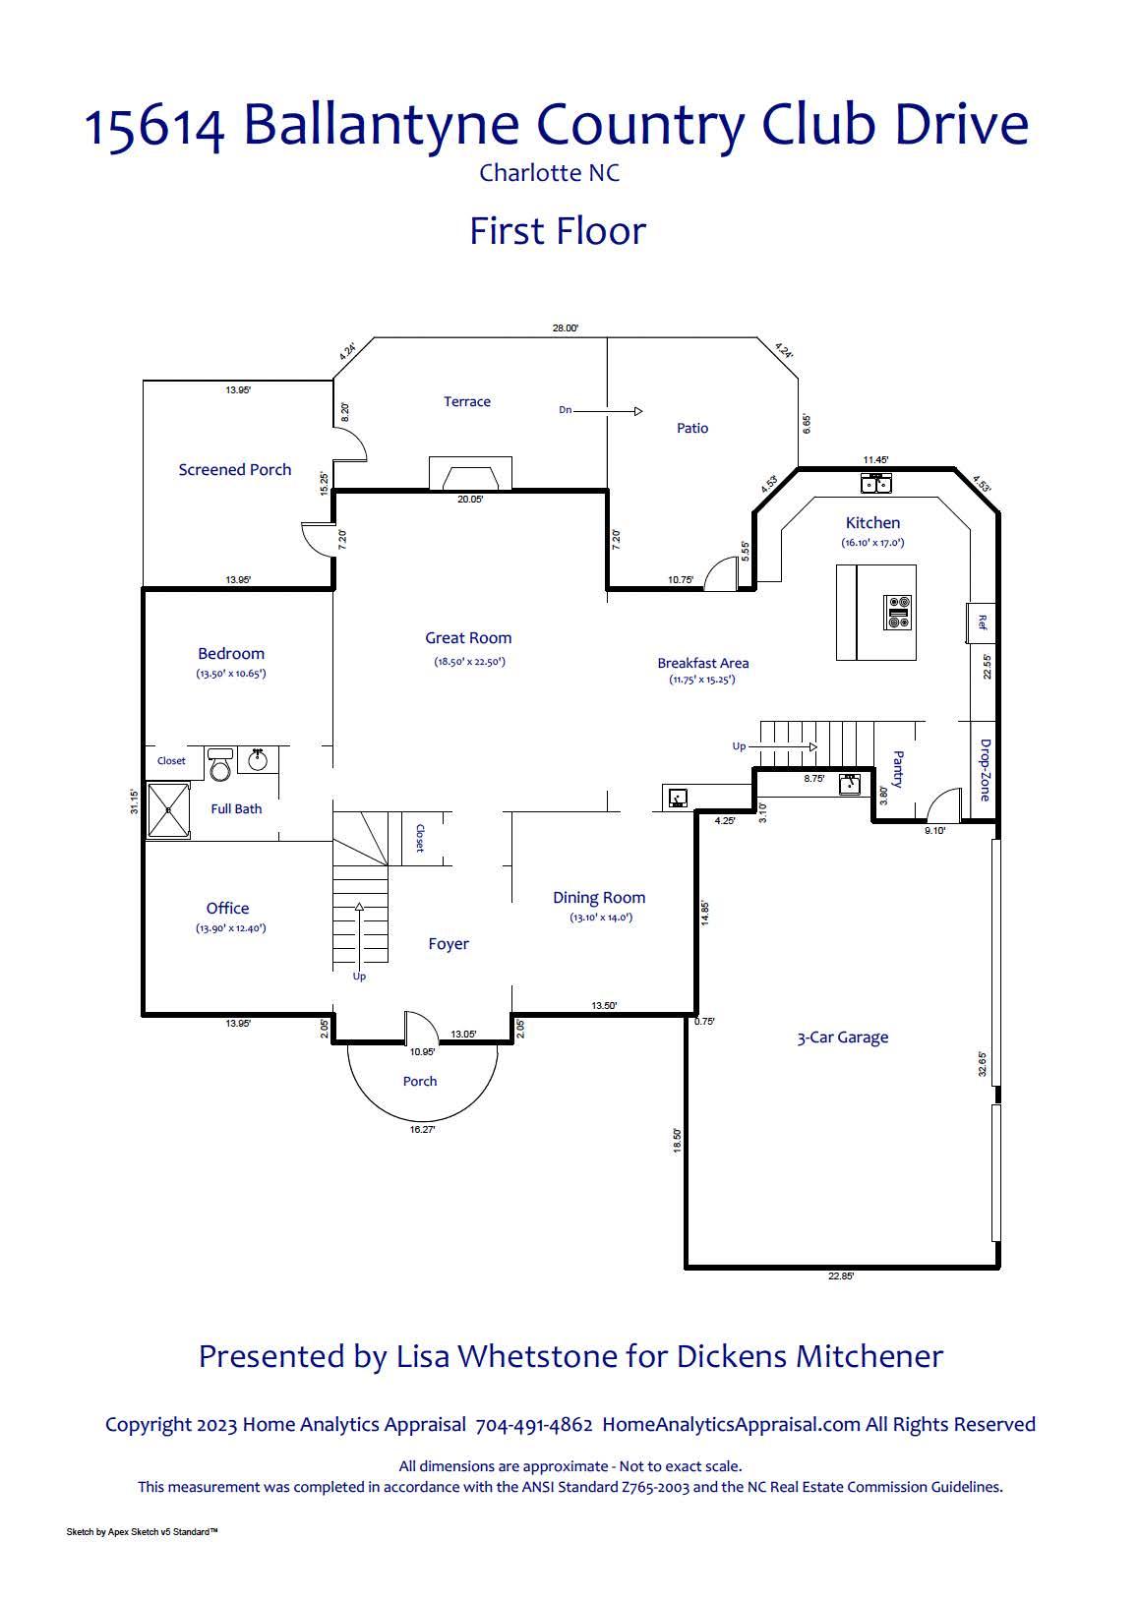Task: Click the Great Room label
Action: click(467, 637)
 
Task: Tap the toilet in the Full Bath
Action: click(219, 764)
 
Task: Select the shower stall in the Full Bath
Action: click(169, 809)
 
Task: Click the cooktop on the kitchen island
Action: click(897, 613)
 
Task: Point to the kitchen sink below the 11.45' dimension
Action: click(875, 483)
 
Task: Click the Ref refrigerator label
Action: click(983, 622)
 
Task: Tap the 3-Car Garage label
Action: click(842, 1038)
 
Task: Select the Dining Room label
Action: click(598, 897)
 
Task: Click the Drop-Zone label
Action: click(985, 770)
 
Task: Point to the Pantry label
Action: click(899, 768)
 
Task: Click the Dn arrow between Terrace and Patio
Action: click(608, 411)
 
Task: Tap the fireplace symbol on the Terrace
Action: click(470, 473)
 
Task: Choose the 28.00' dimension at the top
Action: click(565, 328)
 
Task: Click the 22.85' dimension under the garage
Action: click(841, 1275)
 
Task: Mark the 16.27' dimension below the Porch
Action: click(422, 1129)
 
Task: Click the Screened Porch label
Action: click(234, 469)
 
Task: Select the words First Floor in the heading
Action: click(558, 231)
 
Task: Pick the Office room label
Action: click(227, 908)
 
